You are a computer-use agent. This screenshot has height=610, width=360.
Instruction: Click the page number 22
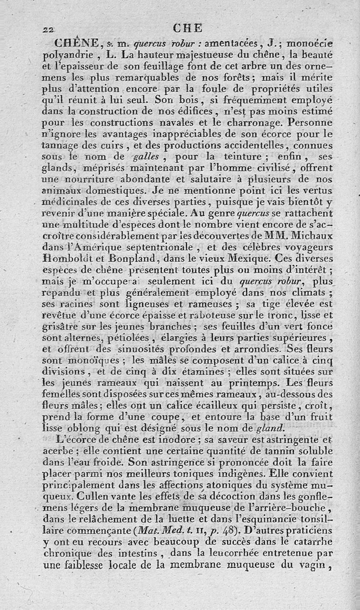click(48, 29)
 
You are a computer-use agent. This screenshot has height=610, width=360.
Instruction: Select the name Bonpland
click(130, 258)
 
